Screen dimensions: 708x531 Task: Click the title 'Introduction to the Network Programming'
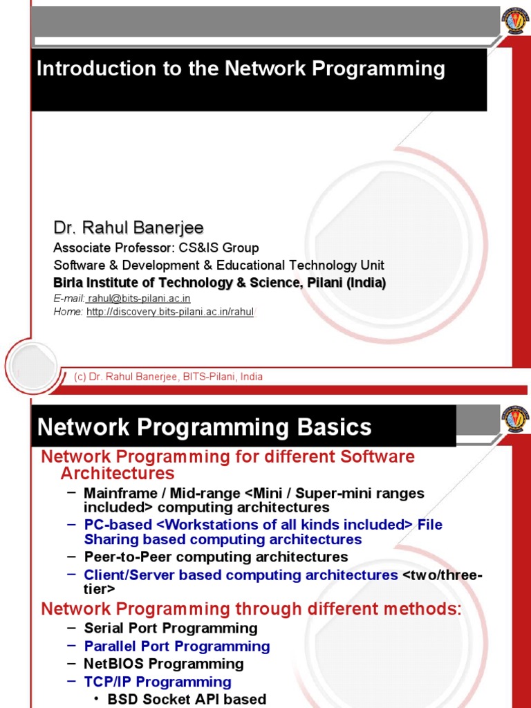[x=241, y=69]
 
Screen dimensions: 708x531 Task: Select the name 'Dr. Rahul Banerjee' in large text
[x=129, y=228]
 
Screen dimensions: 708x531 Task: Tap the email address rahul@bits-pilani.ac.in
[x=139, y=299]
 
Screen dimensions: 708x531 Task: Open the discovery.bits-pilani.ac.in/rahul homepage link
[x=170, y=313]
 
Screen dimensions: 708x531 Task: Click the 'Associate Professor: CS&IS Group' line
[x=156, y=248]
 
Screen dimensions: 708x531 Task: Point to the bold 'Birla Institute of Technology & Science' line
[x=220, y=283]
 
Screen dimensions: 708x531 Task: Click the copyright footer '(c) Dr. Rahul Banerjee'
[x=168, y=377]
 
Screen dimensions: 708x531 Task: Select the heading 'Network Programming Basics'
[x=205, y=427]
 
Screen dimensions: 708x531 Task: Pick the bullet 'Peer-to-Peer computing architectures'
[x=216, y=557]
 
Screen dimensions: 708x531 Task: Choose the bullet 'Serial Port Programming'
[x=170, y=628]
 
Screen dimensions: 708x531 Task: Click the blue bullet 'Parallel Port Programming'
[x=176, y=646]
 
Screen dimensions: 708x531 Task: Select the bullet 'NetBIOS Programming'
[x=163, y=664]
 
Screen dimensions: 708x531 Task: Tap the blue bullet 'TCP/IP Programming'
[x=157, y=682]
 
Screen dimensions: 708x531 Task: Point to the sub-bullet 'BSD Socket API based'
[x=187, y=699]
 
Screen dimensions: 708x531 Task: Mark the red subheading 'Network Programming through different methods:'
[x=251, y=610]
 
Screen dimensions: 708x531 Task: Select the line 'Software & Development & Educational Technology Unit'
[x=218, y=265]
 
